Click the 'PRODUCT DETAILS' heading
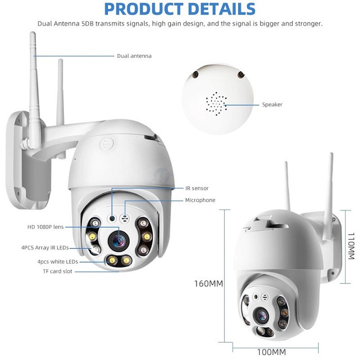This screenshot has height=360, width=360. coord(180,9)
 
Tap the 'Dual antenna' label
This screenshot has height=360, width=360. coord(134,56)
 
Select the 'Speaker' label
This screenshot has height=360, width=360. coord(272,104)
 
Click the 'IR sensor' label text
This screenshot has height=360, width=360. coord(197,188)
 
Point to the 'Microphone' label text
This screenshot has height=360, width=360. coord(200,200)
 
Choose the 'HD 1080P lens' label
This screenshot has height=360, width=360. coord(45,227)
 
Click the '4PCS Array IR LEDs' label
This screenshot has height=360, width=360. coord(45,247)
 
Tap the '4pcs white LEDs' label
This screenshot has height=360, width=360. coord(57,261)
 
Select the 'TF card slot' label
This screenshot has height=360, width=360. coord(57,271)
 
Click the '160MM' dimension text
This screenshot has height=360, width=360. coord(208,284)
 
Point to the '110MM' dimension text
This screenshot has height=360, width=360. coord(351,246)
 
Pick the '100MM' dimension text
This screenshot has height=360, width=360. coord(271,352)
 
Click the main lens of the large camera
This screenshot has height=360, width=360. coord(118,241)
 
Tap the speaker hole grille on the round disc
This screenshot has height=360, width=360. coord(216,103)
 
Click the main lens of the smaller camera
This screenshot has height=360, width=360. coord(261,316)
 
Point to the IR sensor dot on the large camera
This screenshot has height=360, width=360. coord(112,218)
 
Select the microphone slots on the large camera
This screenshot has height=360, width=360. coord(125,218)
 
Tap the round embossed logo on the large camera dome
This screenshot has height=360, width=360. coord(107,144)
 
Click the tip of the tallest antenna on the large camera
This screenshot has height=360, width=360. coord(32,33)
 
